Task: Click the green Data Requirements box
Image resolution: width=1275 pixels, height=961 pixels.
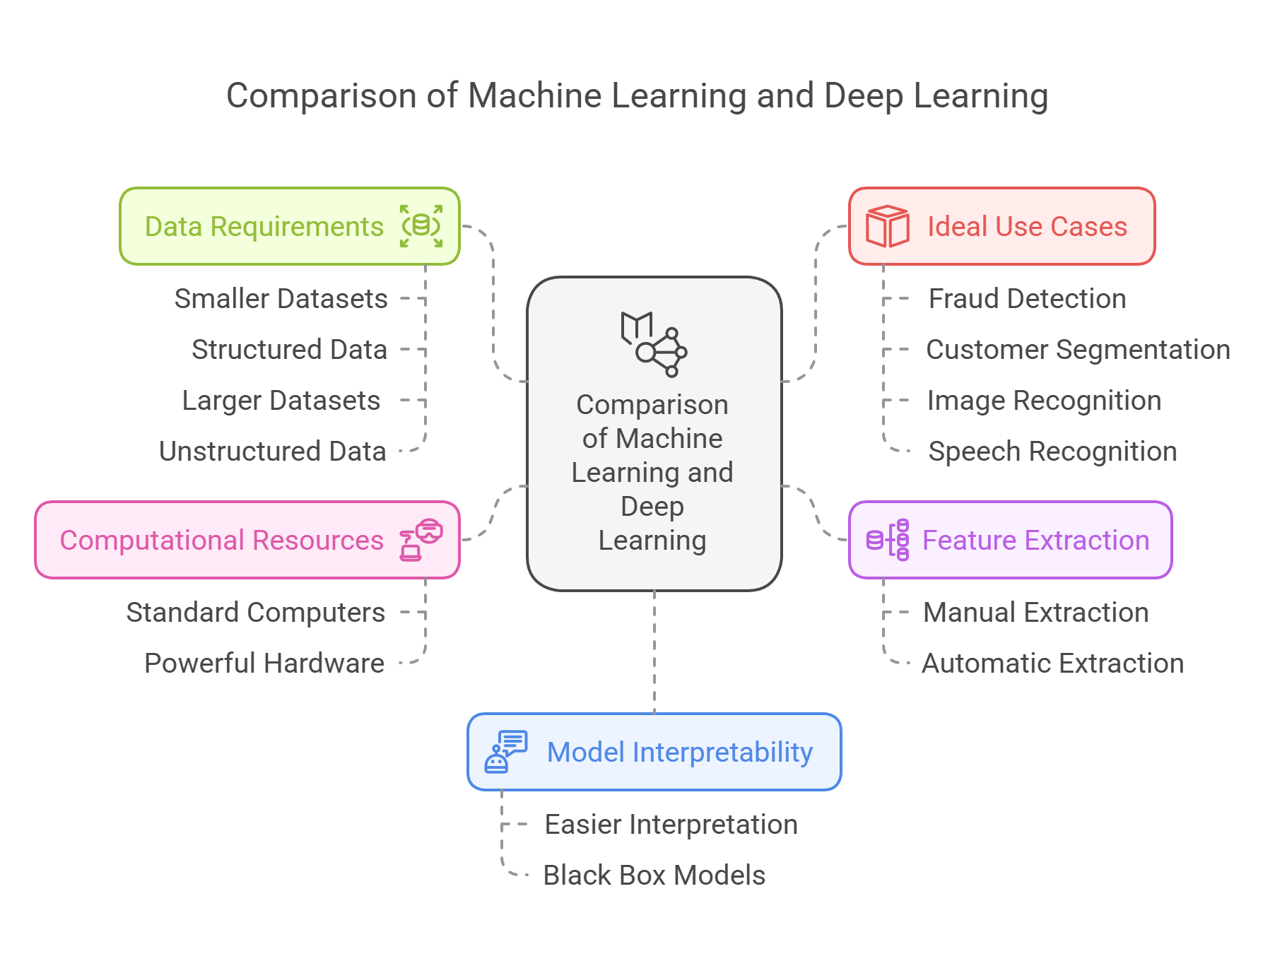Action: coord(289,226)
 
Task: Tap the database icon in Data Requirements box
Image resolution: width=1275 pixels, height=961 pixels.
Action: coord(421,226)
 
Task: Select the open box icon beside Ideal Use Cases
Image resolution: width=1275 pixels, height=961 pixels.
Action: coord(887,226)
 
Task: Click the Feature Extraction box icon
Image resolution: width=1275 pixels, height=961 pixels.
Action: coord(888,540)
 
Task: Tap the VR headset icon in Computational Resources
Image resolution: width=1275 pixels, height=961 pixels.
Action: coord(422,540)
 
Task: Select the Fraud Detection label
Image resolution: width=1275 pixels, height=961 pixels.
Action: coord(1027,299)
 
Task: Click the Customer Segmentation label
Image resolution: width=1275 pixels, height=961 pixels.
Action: coord(1078,350)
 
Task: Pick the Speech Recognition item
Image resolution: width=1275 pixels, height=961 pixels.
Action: coord(1052,452)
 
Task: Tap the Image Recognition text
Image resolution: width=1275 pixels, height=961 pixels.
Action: coord(1044,401)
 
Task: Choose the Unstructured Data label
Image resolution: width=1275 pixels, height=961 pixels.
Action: coord(273,452)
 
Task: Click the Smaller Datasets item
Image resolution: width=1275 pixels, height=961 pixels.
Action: coord(281,299)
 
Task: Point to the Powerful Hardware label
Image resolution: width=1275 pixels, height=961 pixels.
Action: coord(264,664)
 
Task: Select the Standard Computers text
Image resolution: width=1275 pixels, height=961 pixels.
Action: coord(256,613)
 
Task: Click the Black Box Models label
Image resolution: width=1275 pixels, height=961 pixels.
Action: coord(654,875)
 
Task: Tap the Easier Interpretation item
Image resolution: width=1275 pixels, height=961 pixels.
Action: coord(671,825)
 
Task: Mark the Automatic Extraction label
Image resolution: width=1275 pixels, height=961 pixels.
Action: coord(1052,664)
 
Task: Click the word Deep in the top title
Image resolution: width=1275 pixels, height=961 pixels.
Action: coord(864,96)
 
